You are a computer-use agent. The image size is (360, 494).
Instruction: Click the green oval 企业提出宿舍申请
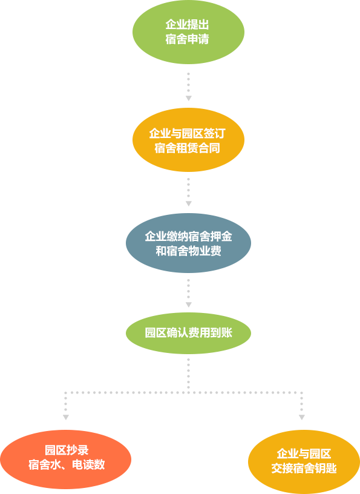click(188, 32)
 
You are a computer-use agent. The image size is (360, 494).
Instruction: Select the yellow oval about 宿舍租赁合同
click(188, 140)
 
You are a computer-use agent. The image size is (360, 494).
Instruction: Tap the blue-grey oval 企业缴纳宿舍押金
click(188, 243)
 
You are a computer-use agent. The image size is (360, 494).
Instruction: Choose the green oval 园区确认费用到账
click(188, 333)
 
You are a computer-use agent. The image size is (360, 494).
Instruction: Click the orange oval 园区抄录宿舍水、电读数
click(66, 459)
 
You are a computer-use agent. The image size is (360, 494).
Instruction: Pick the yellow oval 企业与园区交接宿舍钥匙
click(304, 461)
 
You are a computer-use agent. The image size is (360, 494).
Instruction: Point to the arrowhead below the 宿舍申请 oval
click(188, 98)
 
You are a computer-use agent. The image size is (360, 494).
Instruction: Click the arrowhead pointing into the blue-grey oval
click(188, 203)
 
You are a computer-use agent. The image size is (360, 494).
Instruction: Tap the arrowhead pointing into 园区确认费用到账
click(188, 305)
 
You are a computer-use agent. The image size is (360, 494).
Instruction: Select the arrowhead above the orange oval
click(66, 418)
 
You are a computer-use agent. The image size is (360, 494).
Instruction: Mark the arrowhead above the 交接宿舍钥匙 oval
click(302, 418)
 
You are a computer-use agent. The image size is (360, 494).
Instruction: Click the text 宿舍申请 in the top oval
click(188, 39)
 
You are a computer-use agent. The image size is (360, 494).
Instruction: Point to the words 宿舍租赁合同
click(187, 148)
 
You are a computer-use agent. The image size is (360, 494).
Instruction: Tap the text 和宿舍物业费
click(188, 251)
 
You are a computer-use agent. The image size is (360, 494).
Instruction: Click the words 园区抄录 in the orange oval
click(67, 450)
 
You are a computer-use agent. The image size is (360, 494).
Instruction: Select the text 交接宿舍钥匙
click(304, 468)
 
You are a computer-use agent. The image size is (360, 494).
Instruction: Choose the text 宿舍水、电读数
click(67, 465)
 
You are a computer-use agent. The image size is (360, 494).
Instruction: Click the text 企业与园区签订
click(187, 134)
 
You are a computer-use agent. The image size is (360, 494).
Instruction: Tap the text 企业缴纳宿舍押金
click(188, 236)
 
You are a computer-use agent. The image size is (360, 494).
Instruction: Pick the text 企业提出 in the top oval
click(188, 25)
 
